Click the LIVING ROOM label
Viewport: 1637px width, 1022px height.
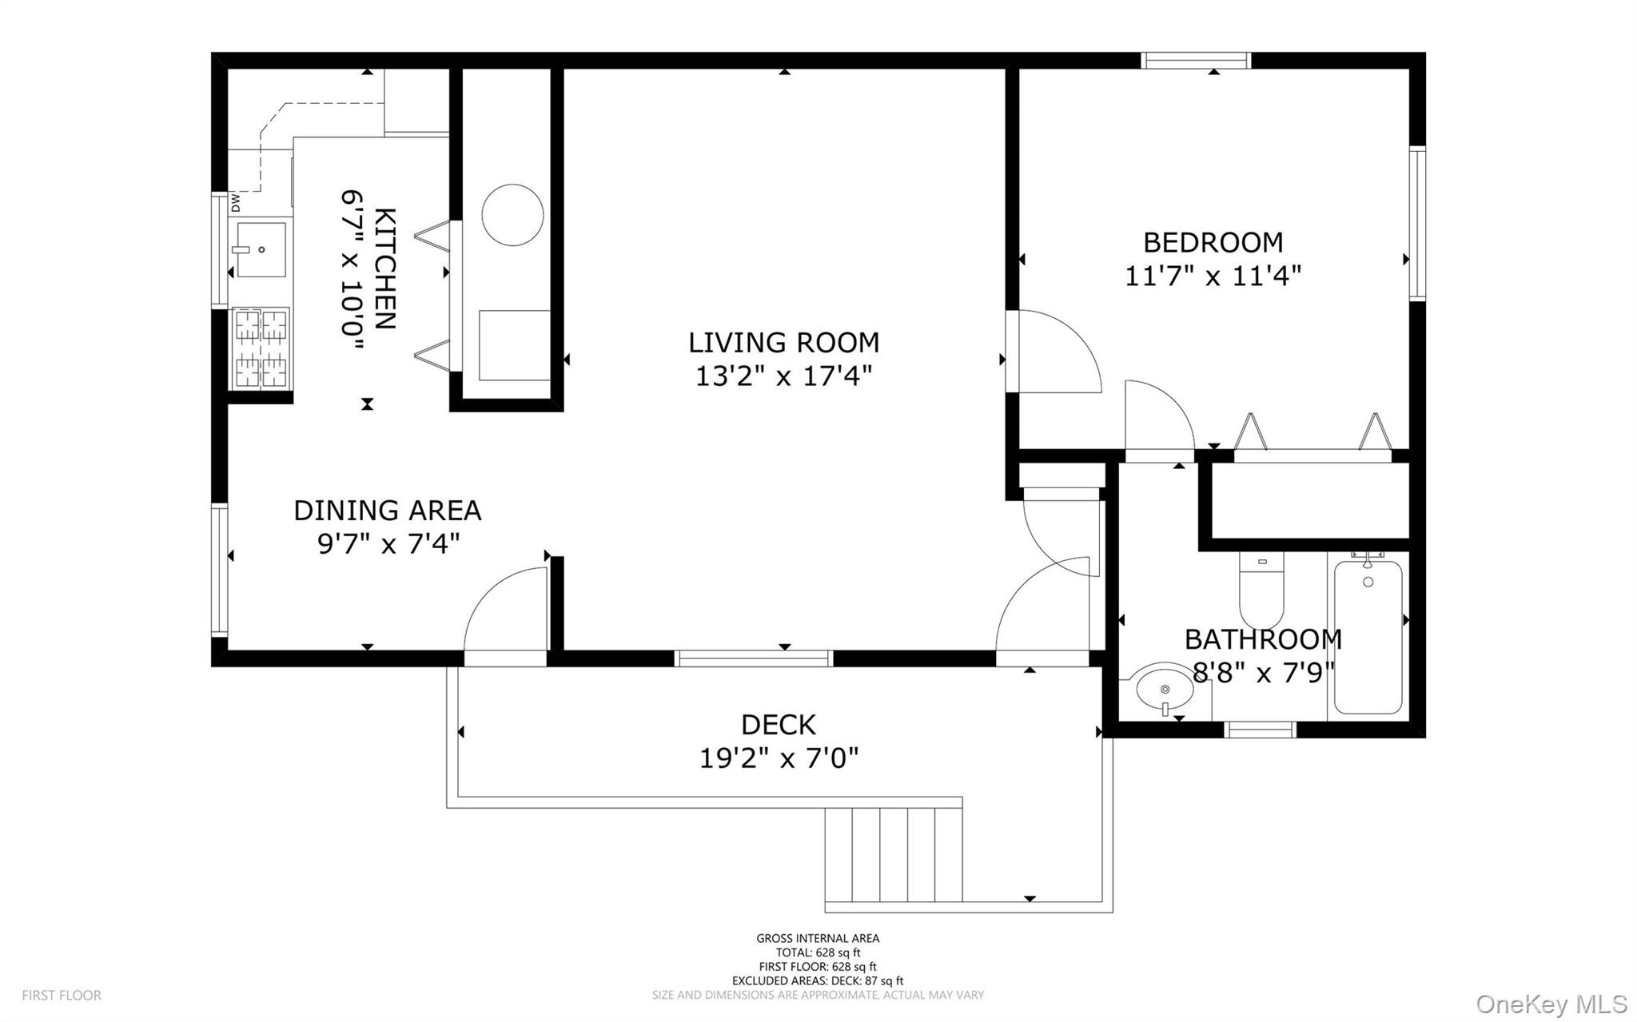pos(783,343)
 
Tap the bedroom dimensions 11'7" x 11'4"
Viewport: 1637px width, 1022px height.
pos(1213,276)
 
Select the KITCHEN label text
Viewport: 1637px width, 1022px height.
pos(384,268)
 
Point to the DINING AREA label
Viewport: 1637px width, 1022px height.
pos(387,511)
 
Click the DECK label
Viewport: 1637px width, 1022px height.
pos(779,725)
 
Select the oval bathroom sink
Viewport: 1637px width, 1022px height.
pos(1164,688)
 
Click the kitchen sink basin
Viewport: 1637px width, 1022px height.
pos(261,250)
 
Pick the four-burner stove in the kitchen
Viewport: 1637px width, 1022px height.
pos(261,348)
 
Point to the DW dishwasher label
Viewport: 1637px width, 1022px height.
pos(236,204)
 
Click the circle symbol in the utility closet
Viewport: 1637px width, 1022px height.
pos(512,214)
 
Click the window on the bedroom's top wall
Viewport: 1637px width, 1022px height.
pos(1195,61)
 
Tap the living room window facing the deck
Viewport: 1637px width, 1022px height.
pos(753,658)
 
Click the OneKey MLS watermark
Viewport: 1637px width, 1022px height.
pos(1551,1004)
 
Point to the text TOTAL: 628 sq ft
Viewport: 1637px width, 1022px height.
pos(818,952)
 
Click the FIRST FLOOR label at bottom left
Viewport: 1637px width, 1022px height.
pos(62,996)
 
